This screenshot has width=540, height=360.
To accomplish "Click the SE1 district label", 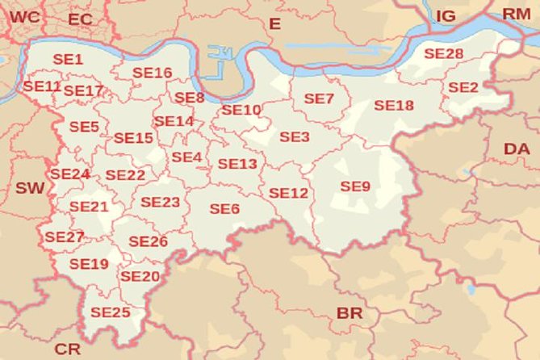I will (x=68, y=59).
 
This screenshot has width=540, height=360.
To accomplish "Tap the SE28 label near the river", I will (x=443, y=53).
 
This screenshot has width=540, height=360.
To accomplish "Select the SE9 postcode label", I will (x=355, y=186).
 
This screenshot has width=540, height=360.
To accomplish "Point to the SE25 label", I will (x=110, y=312).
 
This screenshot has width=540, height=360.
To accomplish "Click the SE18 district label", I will (x=394, y=106).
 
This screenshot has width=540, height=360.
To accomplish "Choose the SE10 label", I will (x=241, y=110).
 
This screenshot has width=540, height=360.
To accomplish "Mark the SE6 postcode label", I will (x=224, y=209).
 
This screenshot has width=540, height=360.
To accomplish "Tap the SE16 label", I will (x=153, y=73).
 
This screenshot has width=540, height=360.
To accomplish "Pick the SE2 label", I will (x=463, y=87).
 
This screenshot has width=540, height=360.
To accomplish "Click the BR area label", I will (x=350, y=312).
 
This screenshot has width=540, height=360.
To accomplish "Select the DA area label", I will (x=517, y=149).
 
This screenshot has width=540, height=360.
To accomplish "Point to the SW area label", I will (x=31, y=188).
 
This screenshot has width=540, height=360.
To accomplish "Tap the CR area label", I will (x=67, y=349).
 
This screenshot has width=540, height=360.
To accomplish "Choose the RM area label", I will (x=517, y=14).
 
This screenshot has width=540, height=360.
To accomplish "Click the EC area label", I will (x=81, y=19).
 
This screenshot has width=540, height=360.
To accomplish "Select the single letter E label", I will (x=274, y=24).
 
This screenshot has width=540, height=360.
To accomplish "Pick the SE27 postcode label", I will (x=65, y=237).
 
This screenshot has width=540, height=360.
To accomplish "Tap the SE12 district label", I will (x=288, y=194).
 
